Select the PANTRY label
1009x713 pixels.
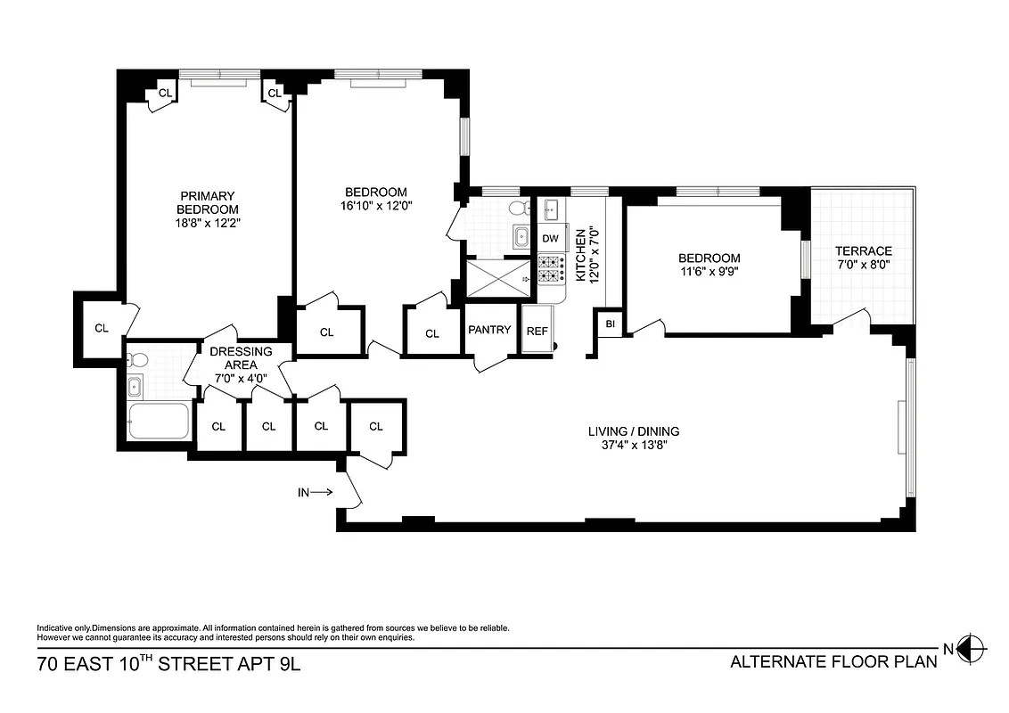coord(489,330)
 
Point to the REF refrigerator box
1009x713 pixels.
coord(537,331)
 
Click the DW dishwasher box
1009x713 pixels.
coord(550,239)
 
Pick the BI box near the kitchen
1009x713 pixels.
coord(610,324)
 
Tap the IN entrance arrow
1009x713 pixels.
coord(316,491)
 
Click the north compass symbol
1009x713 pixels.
coord(972,649)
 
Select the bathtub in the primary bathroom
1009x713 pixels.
coord(159,421)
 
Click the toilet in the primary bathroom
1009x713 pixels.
coord(136,360)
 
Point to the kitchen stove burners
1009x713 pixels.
coord(551,269)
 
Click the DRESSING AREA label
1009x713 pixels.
coord(241,357)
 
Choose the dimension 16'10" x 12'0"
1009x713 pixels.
coord(375,205)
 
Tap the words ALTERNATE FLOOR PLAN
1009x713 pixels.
coord(833,661)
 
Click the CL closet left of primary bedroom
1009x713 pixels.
coord(102,327)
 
